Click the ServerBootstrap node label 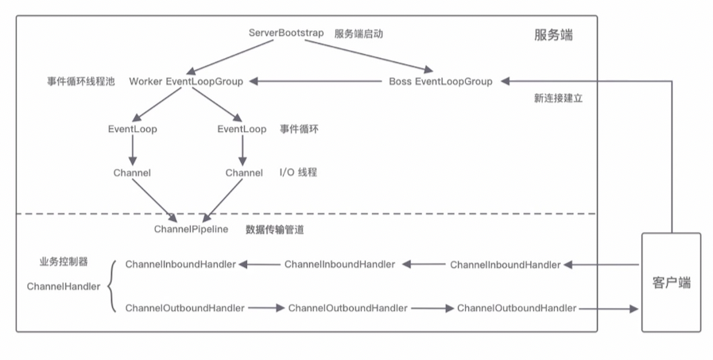[286, 33]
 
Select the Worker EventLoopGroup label [186, 81]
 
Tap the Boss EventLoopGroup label [440, 81]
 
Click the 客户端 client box [671, 282]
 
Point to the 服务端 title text [553, 36]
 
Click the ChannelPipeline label [191, 229]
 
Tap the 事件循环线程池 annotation [80, 81]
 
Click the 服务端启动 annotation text [359, 33]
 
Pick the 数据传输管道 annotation [275, 230]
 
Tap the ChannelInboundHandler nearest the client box [505, 265]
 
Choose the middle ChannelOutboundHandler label [347, 308]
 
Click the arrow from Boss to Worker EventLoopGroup [318, 81]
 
